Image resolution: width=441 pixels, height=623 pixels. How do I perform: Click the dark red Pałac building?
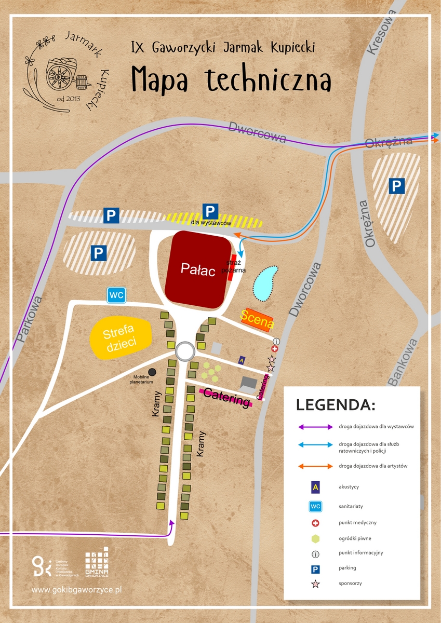tap(198, 269)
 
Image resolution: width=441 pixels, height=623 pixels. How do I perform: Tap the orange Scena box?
tap(257, 319)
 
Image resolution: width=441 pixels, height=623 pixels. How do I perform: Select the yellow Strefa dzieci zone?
tap(121, 337)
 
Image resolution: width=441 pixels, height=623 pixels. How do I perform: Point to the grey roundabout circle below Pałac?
tap(185, 351)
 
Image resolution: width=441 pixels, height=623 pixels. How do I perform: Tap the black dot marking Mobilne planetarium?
tap(152, 372)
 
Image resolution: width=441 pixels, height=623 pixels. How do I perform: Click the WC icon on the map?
tap(116, 295)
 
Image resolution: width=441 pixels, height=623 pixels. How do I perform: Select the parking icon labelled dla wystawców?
tap(210, 211)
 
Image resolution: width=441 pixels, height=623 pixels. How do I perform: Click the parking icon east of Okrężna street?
tap(397, 186)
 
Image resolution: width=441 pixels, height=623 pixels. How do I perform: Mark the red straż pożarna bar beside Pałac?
tap(231, 268)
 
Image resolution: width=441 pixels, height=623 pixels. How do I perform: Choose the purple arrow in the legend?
tap(315, 427)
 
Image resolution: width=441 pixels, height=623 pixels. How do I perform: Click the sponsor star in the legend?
tap(315, 584)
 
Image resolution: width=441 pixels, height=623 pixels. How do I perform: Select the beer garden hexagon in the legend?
tap(315, 538)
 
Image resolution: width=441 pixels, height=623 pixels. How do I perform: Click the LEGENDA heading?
tap(335, 404)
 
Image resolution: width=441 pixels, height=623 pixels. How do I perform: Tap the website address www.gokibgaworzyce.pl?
tap(76, 590)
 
